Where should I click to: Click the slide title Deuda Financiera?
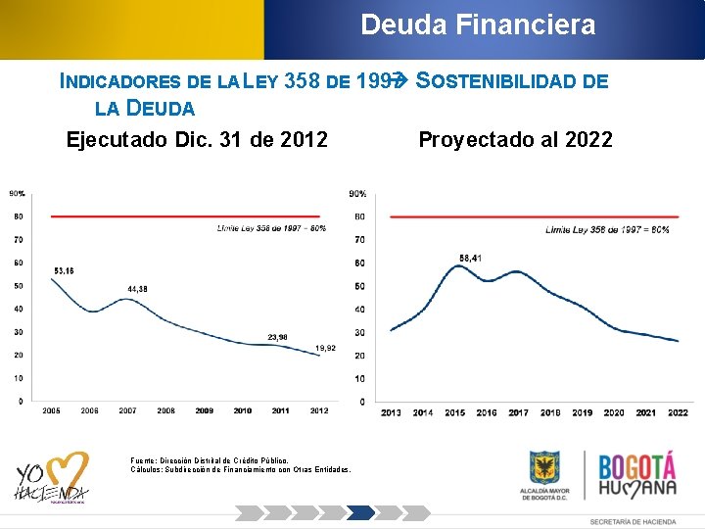coord(478,24)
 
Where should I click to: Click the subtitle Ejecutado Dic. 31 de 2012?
coord(197,139)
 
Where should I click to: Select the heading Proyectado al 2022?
coord(515,139)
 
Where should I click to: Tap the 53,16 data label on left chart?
coord(64,269)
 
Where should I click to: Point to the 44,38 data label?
coord(138,289)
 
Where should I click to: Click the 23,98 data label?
coord(278,337)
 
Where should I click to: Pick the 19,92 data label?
coord(326,348)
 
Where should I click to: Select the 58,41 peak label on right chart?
coord(470,258)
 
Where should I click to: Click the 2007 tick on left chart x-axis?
coord(127,411)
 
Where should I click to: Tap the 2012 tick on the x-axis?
coord(318,411)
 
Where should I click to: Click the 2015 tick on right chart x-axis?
coord(454,412)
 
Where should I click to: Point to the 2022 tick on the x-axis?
coord(678,412)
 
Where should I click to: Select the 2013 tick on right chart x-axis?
coord(391,412)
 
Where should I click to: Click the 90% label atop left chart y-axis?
coord(17,193)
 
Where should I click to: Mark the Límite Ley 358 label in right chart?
coord(607,229)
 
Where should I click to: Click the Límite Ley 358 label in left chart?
coord(271,228)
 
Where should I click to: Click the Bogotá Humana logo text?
coord(637,475)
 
